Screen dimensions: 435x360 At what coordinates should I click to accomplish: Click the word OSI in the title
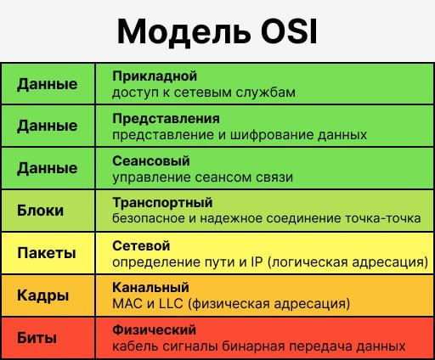coord(289,31)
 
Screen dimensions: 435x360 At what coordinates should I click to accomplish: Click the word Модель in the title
coord(184,32)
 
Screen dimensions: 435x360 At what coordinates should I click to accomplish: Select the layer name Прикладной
coord(155,76)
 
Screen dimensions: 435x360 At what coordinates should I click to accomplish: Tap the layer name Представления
coord(166,119)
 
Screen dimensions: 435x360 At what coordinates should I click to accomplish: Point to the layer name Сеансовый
coord(151,160)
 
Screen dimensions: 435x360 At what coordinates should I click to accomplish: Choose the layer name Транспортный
coord(162,203)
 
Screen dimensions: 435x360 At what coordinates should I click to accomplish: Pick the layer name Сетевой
coord(141,245)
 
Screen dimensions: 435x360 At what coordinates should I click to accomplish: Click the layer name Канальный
coord(150,288)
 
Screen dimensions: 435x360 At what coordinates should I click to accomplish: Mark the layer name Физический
coord(154,330)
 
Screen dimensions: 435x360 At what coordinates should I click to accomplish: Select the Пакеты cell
coord(47,253)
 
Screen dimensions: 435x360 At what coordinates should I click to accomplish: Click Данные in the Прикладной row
coord(48,84)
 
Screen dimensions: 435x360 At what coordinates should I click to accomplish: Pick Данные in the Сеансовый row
coord(48,169)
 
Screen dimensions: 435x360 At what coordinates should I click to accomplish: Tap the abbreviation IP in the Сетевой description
coord(257,262)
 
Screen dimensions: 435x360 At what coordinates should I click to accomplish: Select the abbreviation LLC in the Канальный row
coord(171,304)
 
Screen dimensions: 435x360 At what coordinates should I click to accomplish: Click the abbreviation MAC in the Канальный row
coord(127,304)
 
